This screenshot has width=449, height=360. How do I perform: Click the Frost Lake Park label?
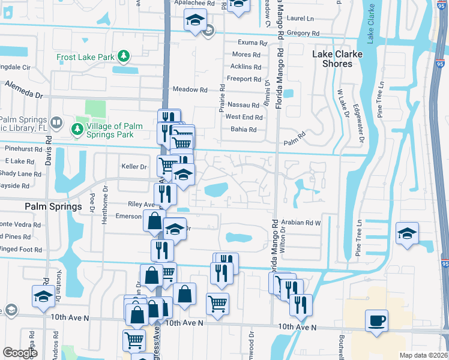pos(85,57)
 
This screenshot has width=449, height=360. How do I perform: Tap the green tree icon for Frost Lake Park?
pos(124,56)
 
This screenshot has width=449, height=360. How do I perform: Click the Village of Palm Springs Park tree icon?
pos(77,128)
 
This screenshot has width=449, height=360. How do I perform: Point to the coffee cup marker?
pos(376,320)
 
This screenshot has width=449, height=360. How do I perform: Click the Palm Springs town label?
pos(53,206)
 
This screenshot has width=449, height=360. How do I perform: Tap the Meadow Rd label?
pos(190,89)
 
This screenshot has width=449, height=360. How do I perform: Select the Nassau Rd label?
pos(243,104)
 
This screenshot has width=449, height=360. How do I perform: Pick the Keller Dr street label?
pos(134,167)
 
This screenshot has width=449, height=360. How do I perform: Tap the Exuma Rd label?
pos(252,43)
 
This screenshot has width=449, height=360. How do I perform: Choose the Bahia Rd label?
pos(244,130)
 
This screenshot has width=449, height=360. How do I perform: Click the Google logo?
pos(20,353)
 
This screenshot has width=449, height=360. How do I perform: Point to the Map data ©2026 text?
pos(422,355)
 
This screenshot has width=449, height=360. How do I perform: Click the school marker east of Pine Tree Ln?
pos(407,233)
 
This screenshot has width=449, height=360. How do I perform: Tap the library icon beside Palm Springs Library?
pos(56,123)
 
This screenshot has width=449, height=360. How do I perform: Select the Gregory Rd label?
pos(301,33)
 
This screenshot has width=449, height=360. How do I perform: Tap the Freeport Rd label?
pos(244,79)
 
